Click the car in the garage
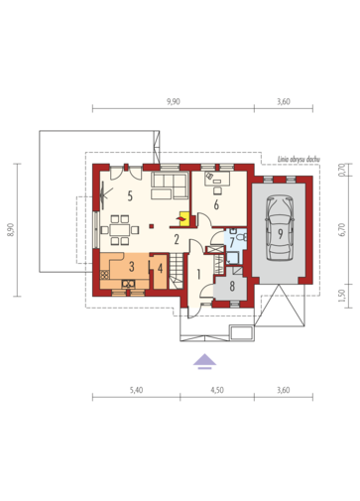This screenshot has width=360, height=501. click(x=280, y=228)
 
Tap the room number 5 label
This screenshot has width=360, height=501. click(x=130, y=195)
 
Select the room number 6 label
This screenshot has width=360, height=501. click(x=216, y=204)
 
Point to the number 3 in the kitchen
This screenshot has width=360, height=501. click(x=132, y=266)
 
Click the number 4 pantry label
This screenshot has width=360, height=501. click(x=160, y=268)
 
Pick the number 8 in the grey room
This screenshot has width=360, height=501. click(x=232, y=287)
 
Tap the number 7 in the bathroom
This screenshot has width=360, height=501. click(x=232, y=242)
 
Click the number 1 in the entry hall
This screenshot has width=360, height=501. click(x=198, y=274)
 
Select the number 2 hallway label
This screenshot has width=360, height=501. click(x=177, y=239)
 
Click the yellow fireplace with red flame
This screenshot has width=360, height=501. click(x=184, y=218)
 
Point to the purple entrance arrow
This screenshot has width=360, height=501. click(x=204, y=361)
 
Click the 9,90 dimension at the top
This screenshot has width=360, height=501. click(x=174, y=101)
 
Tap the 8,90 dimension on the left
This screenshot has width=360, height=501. click(x=11, y=229)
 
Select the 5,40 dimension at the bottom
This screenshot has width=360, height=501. click(x=136, y=390)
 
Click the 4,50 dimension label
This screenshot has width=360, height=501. click(x=217, y=390)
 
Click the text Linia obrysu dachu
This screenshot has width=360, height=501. click(x=299, y=160)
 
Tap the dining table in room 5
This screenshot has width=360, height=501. click(x=120, y=230)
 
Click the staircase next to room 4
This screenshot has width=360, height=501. click(x=177, y=271)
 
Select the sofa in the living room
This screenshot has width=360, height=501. click(x=170, y=186)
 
